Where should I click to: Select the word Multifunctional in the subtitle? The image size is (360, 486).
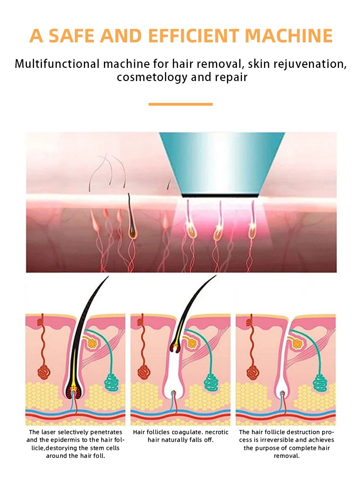(x=57, y=63)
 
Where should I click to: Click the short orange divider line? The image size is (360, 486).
(x=180, y=104)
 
